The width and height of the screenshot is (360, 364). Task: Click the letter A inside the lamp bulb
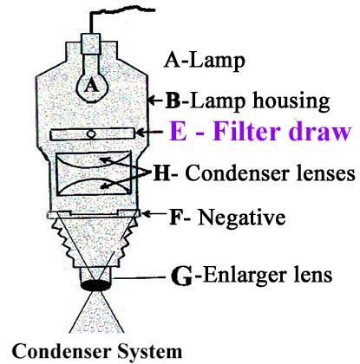point(91,86)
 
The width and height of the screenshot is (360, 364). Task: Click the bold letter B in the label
point(173,101)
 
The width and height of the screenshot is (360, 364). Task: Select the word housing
point(291,101)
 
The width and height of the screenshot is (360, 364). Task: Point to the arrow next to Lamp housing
point(155,101)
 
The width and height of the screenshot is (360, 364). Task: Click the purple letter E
point(178,132)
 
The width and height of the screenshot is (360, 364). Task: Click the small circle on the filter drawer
point(91,134)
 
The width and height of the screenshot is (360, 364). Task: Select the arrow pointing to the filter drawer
point(149,133)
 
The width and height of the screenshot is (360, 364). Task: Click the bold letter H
point(161,173)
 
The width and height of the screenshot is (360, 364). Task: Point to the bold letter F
point(174,217)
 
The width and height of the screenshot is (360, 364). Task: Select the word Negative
point(242,217)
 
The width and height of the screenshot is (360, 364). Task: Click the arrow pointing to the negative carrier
point(154,214)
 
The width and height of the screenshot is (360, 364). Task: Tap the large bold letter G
point(181,276)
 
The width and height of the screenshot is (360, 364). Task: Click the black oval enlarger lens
point(95,285)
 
